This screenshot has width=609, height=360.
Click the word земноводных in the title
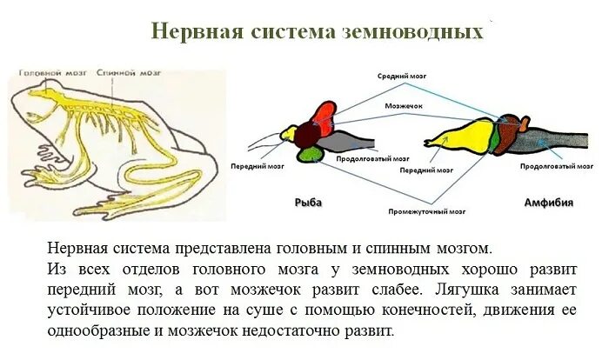point(417,31)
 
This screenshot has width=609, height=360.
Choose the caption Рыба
point(308,202)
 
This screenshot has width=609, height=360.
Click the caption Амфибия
point(548,202)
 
